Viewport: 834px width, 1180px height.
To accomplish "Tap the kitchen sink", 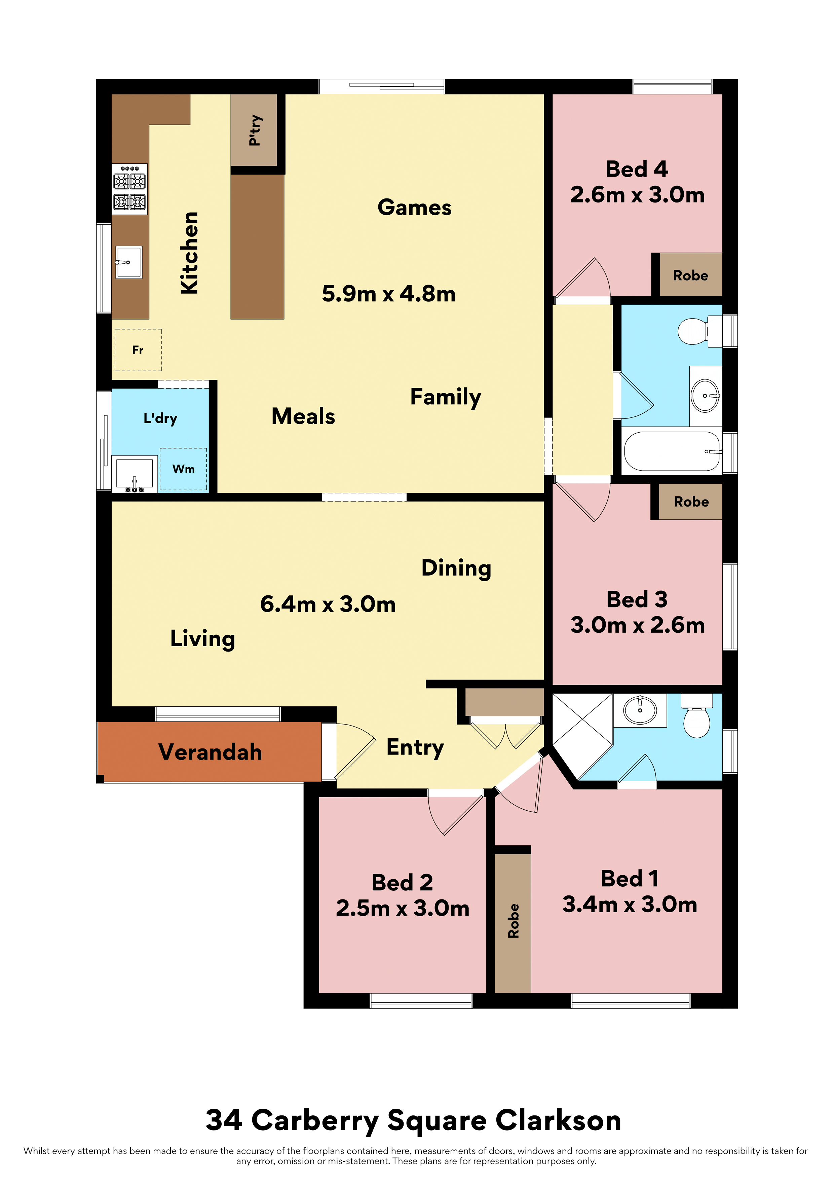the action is point(128,262).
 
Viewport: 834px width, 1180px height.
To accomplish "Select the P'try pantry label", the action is point(255,130).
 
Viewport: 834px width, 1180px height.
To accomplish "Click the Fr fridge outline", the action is point(138,350).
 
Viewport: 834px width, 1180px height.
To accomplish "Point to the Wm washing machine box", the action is point(184,469).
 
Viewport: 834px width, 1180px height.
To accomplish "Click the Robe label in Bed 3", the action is point(691,502).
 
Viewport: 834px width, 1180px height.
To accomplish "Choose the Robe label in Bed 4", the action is point(691,275).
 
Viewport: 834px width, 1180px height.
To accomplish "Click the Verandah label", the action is point(210,752).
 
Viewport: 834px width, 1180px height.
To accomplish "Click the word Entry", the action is point(415,748).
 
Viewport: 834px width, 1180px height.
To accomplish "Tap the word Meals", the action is point(303,416).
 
